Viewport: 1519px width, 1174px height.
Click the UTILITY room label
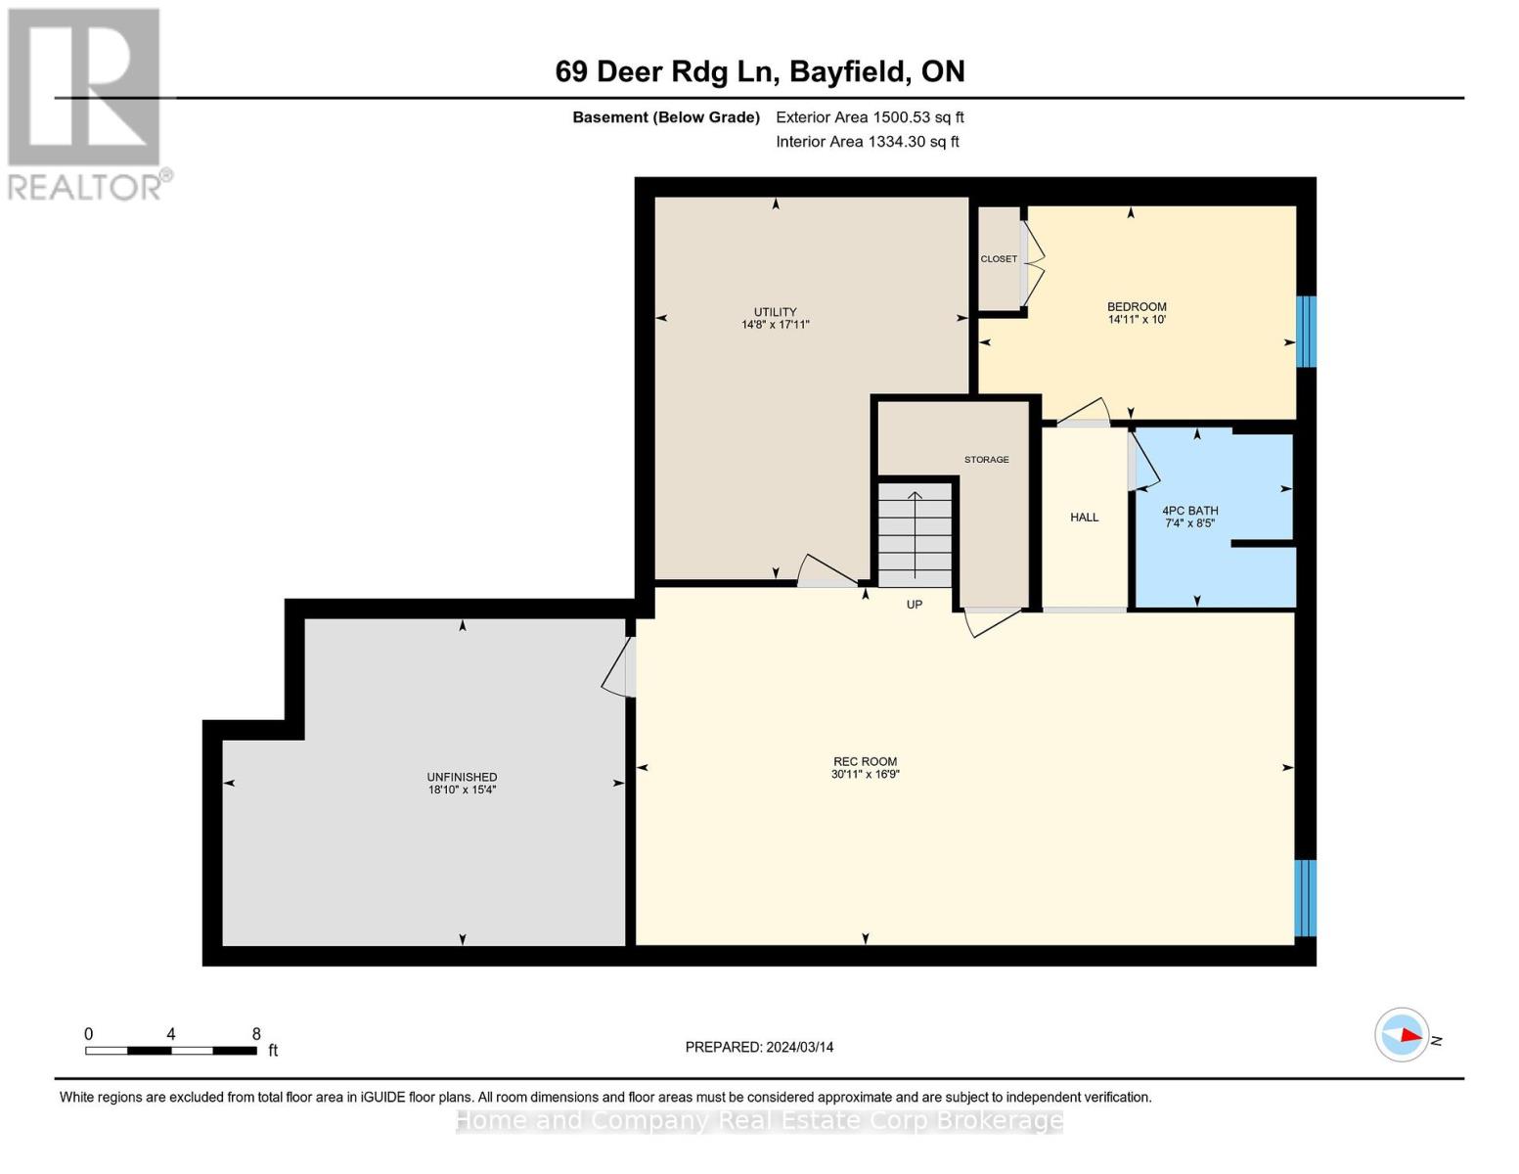(x=775, y=312)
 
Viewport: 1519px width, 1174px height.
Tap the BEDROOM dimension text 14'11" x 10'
(x=1137, y=320)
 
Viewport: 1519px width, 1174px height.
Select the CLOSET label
(x=999, y=259)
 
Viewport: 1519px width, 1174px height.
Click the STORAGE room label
(x=986, y=460)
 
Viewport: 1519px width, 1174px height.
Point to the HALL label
(x=1084, y=518)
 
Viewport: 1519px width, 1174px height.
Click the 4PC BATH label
(x=1189, y=511)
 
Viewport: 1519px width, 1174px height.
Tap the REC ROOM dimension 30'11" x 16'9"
(x=865, y=774)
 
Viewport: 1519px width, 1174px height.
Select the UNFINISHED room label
(x=462, y=777)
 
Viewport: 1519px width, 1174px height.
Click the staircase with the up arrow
(x=915, y=534)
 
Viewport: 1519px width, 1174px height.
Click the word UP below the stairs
(x=914, y=605)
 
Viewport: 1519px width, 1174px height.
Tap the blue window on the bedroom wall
(x=1306, y=332)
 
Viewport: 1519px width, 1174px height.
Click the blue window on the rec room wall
(x=1305, y=898)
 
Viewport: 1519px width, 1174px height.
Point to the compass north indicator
(x=1403, y=1035)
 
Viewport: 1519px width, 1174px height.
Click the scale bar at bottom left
(x=171, y=1051)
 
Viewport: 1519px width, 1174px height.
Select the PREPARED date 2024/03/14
(x=759, y=1047)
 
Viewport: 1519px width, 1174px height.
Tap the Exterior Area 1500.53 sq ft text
(x=870, y=117)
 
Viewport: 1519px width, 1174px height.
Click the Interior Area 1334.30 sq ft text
(x=867, y=142)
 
